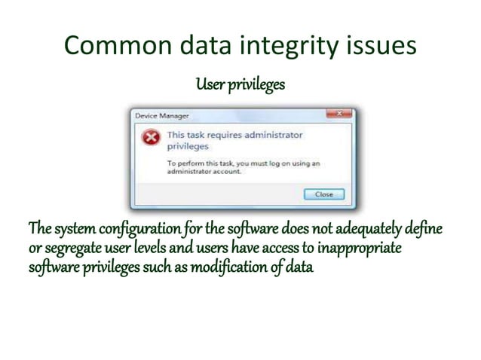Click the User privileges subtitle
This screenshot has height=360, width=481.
[x=240, y=84]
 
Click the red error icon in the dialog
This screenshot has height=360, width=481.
[x=151, y=138]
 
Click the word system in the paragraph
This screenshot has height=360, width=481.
[x=73, y=228]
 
